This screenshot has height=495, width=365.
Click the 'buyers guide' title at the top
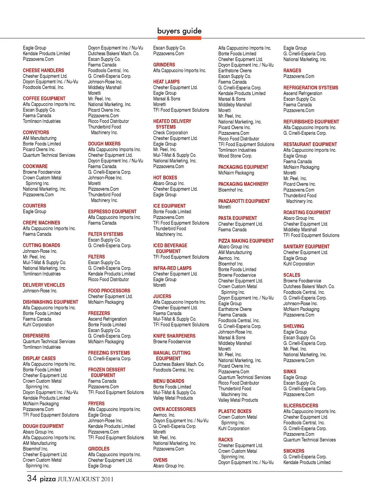pos(179,31)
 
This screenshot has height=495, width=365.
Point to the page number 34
pos(32,478)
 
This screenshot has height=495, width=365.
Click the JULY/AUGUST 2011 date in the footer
pos(85,479)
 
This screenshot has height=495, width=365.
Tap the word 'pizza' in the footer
pos(48,479)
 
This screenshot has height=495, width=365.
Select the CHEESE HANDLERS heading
pos(43,71)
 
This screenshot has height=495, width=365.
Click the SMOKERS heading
pos(294,451)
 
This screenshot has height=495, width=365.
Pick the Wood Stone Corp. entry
pos(235,156)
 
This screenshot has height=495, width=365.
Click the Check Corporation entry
pos(170,133)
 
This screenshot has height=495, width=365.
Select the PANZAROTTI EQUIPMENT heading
pos(244,201)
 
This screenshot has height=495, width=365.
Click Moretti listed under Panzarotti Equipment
pos(225,207)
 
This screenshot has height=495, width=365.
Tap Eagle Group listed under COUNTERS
pos(34,212)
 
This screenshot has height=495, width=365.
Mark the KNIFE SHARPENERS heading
pos(174,336)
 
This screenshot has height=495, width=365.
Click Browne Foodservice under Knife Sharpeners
pos(172,342)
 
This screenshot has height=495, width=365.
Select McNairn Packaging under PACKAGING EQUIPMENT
pos(236,173)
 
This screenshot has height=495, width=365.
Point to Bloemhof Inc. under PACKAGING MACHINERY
pos(230,190)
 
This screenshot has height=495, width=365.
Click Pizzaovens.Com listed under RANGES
pos(298,76)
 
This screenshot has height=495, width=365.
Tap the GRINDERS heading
pos(164,65)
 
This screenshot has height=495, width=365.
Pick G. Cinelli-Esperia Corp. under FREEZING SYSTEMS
pos(109,359)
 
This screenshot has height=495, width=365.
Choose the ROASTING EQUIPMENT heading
pos(307,213)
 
